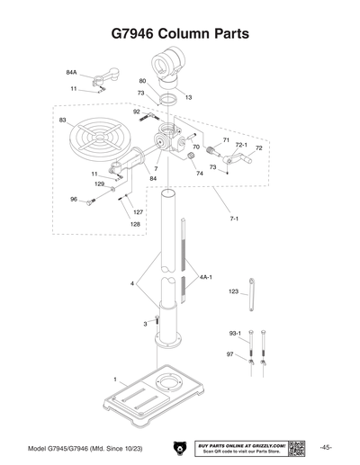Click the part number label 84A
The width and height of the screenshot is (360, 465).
click(71, 71)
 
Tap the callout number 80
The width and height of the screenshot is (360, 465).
click(142, 81)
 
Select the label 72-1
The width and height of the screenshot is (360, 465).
click(241, 144)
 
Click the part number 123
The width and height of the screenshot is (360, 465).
click(233, 292)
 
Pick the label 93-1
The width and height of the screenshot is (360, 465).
click(234, 333)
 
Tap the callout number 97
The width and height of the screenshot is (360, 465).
click(230, 354)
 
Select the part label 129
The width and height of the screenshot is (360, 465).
click(100, 183)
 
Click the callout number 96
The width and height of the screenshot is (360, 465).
click(74, 199)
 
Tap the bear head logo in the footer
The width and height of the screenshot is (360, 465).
click(176, 448)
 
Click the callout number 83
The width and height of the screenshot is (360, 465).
click(62, 120)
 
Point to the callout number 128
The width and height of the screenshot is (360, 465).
click(110, 224)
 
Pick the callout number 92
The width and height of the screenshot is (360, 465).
click(137, 112)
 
